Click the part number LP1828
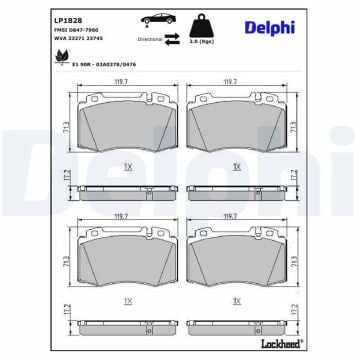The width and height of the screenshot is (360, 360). point(34,20)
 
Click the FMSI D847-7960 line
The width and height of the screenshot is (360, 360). point(47,32)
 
